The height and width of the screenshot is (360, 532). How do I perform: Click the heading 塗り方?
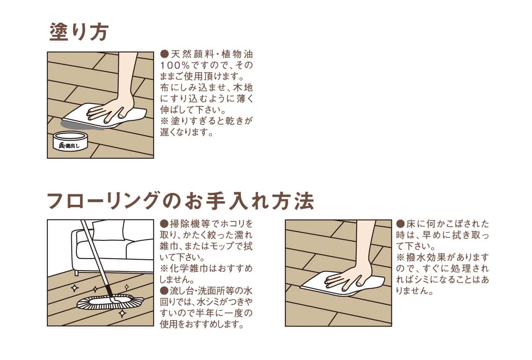point(79,31)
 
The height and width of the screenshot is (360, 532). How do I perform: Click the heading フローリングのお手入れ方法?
point(181,201)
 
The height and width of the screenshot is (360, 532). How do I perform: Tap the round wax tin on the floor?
point(70,141)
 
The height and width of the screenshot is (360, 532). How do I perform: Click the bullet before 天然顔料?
point(164,55)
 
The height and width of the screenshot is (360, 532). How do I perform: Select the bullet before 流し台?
point(164,291)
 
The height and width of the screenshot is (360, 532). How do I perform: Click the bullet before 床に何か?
point(400,223)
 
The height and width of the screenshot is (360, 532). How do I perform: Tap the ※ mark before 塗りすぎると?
point(164,121)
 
